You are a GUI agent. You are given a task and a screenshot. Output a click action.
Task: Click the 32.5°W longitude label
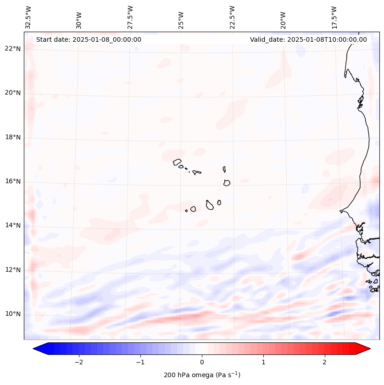[28, 17]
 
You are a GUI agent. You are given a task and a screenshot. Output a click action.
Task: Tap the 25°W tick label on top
[181, 17]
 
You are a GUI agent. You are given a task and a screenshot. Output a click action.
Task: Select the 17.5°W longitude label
[334, 17]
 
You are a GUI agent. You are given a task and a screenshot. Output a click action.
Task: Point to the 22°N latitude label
[12, 49]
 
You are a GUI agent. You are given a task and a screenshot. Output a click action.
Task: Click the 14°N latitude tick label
[12, 225]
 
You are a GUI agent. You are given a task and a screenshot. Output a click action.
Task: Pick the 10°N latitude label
[12, 314]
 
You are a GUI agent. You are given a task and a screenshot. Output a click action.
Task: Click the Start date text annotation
[89, 39]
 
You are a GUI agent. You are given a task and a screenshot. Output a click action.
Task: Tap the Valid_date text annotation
[308, 39]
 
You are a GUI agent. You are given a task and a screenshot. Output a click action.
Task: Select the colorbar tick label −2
[78, 362]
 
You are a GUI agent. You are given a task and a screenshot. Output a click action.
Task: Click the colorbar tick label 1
[263, 362]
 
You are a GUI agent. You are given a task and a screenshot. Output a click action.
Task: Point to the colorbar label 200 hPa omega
[202, 375]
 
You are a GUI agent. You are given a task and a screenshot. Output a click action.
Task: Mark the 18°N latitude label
[12, 137]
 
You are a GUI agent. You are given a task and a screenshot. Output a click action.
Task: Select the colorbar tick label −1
[140, 362]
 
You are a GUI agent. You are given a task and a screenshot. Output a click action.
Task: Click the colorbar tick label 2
[325, 362]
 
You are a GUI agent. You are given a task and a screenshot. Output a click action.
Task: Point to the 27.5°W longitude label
[130, 17]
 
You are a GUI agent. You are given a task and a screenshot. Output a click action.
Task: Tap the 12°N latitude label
[12, 270]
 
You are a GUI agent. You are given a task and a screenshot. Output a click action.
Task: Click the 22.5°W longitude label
[232, 17]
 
